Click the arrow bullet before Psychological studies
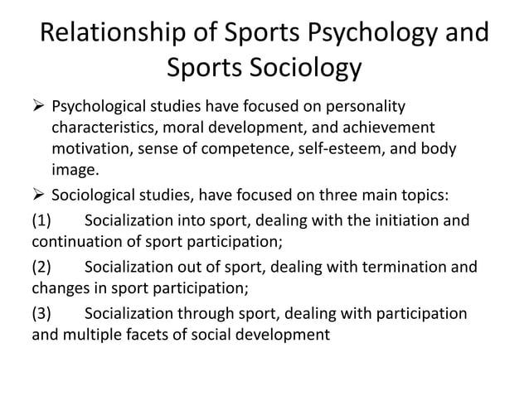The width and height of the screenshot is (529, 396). tap(38, 108)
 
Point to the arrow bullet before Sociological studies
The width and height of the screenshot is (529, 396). tap(38, 196)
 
